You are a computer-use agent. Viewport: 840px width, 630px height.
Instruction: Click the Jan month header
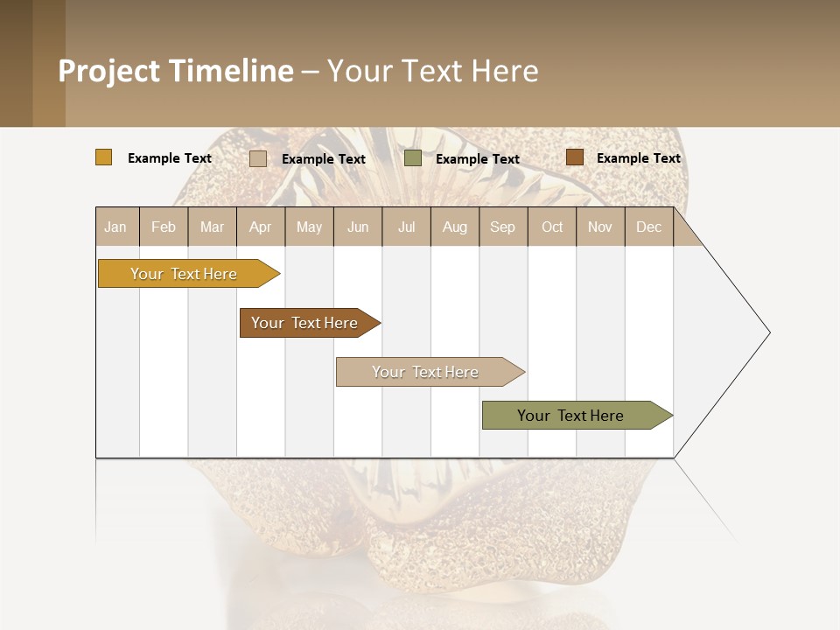(x=116, y=227)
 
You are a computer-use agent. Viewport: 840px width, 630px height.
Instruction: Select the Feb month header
(x=164, y=227)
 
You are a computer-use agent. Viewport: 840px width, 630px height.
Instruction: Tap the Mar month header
(x=212, y=227)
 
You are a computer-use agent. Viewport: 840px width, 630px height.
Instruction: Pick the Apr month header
(x=261, y=227)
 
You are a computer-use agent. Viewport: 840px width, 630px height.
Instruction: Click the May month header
(x=309, y=227)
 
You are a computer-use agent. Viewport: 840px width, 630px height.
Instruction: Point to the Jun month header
(x=358, y=227)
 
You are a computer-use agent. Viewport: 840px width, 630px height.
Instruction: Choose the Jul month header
(x=406, y=227)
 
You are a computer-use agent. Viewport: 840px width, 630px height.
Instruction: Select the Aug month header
(x=455, y=227)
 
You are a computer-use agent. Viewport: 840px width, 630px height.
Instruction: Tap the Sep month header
(x=503, y=227)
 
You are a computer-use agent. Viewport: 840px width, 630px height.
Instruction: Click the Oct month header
(x=552, y=227)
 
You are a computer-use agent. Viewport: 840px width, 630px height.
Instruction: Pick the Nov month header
(x=600, y=227)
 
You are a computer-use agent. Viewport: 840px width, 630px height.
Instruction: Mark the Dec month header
(x=649, y=227)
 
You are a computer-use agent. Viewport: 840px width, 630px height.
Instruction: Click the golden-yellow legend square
(x=104, y=157)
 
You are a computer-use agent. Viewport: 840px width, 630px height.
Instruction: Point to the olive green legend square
(x=413, y=158)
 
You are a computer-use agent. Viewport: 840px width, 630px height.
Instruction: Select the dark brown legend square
(x=574, y=157)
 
